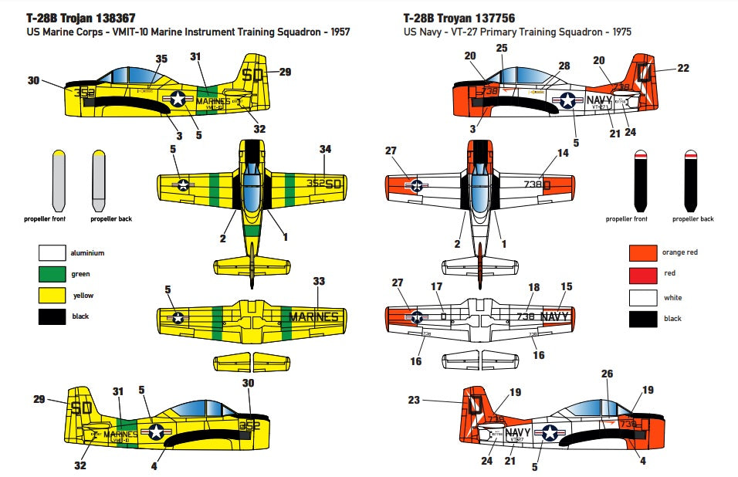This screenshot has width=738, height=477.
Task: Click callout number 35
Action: click(161, 59)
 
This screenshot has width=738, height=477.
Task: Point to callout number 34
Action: click(325, 148)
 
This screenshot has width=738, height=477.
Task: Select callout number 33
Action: click(318, 282)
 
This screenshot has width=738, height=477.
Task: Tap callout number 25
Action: click(503, 48)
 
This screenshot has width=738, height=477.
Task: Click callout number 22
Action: click(682, 68)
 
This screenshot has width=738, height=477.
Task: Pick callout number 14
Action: click(563, 153)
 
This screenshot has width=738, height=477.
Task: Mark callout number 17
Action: click(437, 287)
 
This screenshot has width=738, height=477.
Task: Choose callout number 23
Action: click(414, 400)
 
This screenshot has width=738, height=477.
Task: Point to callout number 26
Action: click(608, 374)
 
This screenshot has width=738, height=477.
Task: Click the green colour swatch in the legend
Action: click(51, 274)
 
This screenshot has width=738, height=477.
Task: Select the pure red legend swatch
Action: click(642, 274)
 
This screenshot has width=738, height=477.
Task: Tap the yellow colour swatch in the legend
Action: click(51, 295)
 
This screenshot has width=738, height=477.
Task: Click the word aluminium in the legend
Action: click(87, 253)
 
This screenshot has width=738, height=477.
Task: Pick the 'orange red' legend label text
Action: click(680, 252)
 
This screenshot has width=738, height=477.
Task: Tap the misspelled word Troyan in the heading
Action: click(451, 18)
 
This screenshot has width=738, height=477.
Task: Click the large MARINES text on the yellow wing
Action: click(313, 316)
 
